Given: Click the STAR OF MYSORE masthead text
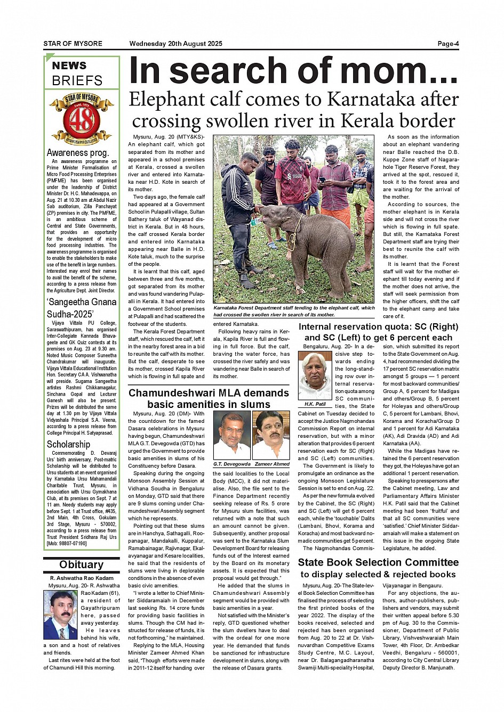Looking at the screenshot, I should click(x=73, y=44).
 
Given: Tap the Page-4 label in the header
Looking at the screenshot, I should click(x=447, y=44).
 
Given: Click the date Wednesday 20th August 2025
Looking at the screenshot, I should click(x=175, y=44).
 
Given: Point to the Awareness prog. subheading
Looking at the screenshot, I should click(x=78, y=153).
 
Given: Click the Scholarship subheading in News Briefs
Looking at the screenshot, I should click(x=68, y=444).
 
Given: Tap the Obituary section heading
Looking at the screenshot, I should click(x=81, y=564).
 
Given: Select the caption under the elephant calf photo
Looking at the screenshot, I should click(x=294, y=311).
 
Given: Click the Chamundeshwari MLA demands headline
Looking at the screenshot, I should click(x=209, y=398).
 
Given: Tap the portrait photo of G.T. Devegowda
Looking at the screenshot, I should click(x=231, y=435).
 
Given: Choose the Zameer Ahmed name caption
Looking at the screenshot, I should click(x=271, y=464).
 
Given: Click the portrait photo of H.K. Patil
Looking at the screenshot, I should click(x=315, y=375).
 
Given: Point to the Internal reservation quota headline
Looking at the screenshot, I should click(x=378, y=332).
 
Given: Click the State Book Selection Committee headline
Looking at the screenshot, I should click(x=378, y=568).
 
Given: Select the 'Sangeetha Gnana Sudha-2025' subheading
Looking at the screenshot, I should click(x=81, y=308).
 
